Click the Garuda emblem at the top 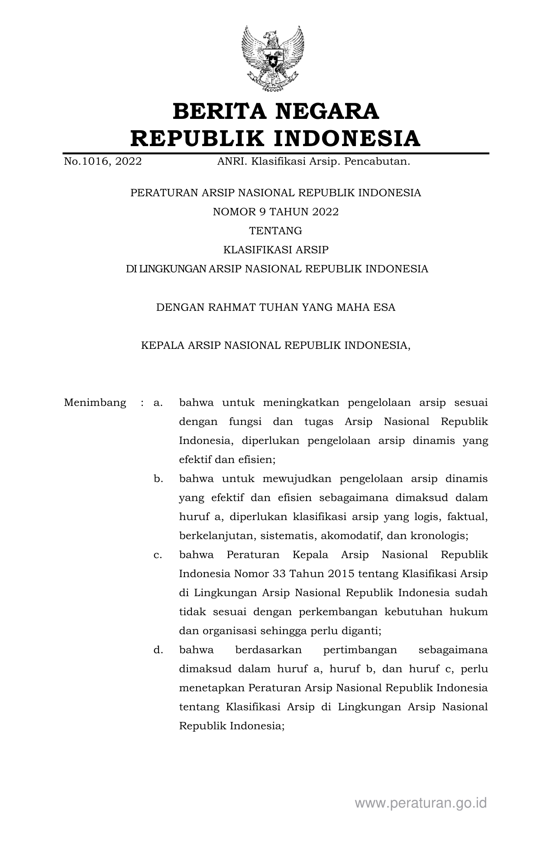272,58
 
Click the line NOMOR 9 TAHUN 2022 275,212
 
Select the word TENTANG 275,231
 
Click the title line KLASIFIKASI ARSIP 275,250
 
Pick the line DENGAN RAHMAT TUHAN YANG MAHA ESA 275,307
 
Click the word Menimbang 95,403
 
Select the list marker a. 158,403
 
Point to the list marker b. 158,479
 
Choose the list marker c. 158,555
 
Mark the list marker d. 158,650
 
